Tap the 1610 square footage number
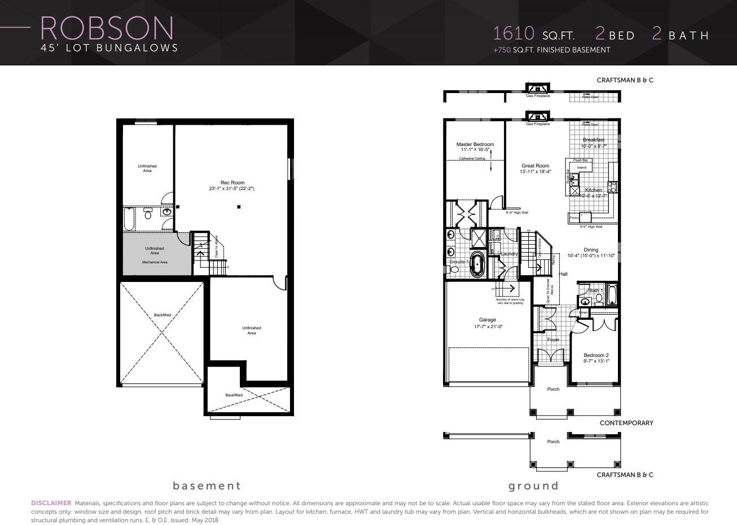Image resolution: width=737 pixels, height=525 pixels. (x=514, y=33)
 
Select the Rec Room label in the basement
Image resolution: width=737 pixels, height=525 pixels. (x=232, y=183)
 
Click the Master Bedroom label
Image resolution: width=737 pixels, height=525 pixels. (x=475, y=144)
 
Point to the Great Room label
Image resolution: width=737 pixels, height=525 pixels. (x=535, y=166)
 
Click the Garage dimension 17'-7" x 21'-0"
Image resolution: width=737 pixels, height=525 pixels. (x=487, y=326)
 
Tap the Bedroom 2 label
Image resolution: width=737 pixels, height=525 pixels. (x=596, y=355)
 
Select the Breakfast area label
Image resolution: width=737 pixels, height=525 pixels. (x=593, y=140)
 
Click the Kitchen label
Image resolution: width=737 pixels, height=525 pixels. (x=593, y=190)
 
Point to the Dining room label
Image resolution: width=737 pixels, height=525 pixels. (x=591, y=250)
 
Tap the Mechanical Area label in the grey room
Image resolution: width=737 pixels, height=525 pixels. (x=154, y=262)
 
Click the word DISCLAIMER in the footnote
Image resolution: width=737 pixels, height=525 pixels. (x=51, y=502)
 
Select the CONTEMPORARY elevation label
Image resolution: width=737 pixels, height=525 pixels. (x=626, y=423)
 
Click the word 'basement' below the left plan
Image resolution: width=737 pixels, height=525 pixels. (x=207, y=486)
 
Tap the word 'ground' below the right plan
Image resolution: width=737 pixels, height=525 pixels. (x=533, y=486)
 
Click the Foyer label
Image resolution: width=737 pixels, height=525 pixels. (x=553, y=339)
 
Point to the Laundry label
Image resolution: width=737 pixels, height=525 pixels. (x=509, y=254)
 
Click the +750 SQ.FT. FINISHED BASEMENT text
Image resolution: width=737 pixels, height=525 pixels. (x=551, y=50)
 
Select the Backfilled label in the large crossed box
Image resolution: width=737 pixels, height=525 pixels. (x=162, y=315)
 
